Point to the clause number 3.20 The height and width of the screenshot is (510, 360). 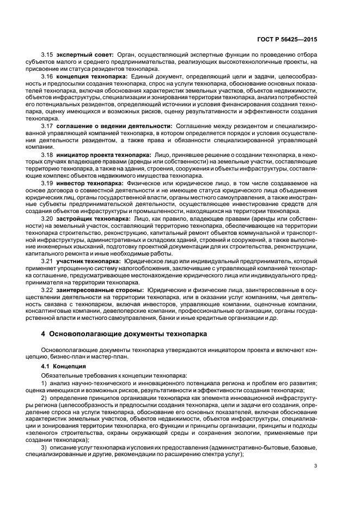47,218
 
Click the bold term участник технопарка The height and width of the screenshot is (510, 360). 89,261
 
